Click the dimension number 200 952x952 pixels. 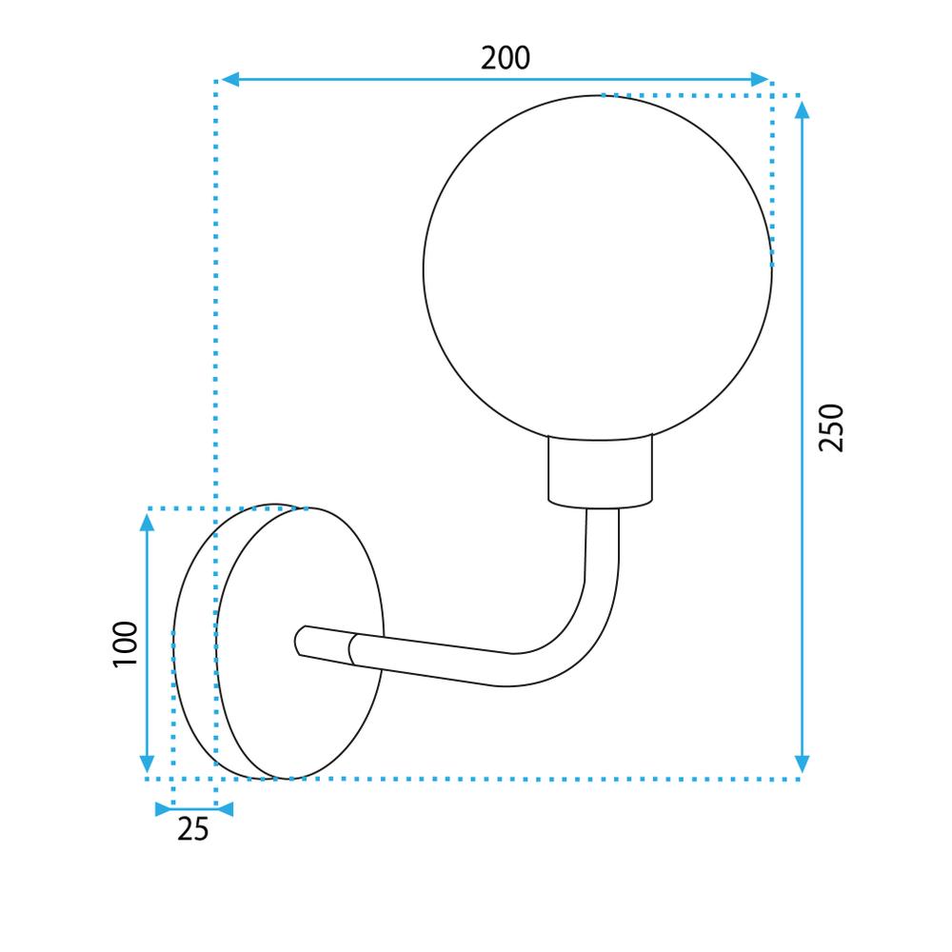tap(505, 58)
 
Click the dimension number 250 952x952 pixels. tap(831, 427)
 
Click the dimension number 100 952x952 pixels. tap(125, 644)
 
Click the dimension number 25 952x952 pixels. tap(192, 829)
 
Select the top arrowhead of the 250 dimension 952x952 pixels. tap(802, 109)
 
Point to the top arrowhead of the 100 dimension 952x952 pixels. tap(147, 520)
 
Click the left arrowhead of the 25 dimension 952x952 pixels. tap(163, 809)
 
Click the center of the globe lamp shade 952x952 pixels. tap(598, 268)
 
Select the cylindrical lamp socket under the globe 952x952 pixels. tap(601, 470)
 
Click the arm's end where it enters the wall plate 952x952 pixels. tap(300, 641)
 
